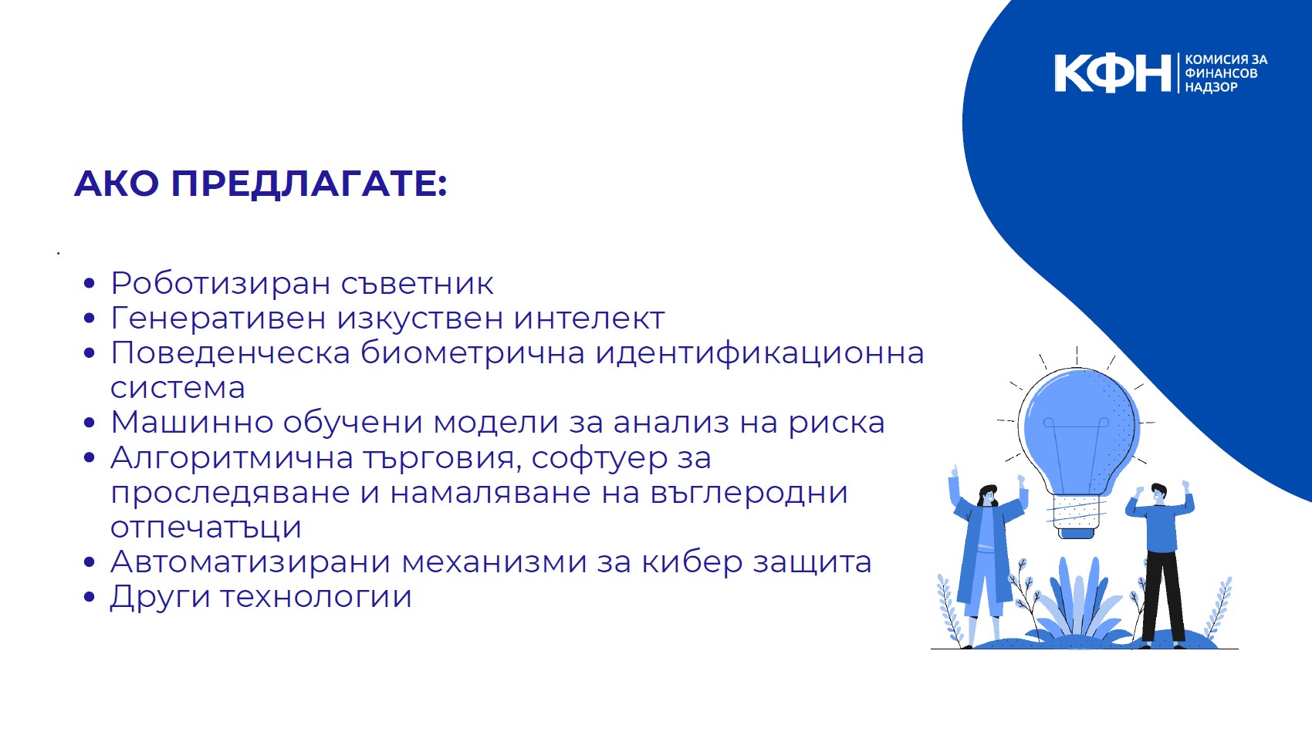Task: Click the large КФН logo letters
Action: (1112, 73)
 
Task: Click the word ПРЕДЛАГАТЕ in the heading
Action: (309, 183)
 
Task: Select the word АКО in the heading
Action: (117, 183)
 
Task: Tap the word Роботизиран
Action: (221, 283)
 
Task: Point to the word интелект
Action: (589, 319)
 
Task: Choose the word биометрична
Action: (472, 353)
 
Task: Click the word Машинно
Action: (192, 422)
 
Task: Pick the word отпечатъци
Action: (205, 528)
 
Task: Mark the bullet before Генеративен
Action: (89, 319)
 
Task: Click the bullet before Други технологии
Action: (89, 597)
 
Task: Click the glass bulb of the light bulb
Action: (1077, 427)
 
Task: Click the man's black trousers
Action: (1163, 597)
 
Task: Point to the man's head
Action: (1158, 493)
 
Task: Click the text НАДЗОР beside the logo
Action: (1211, 87)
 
